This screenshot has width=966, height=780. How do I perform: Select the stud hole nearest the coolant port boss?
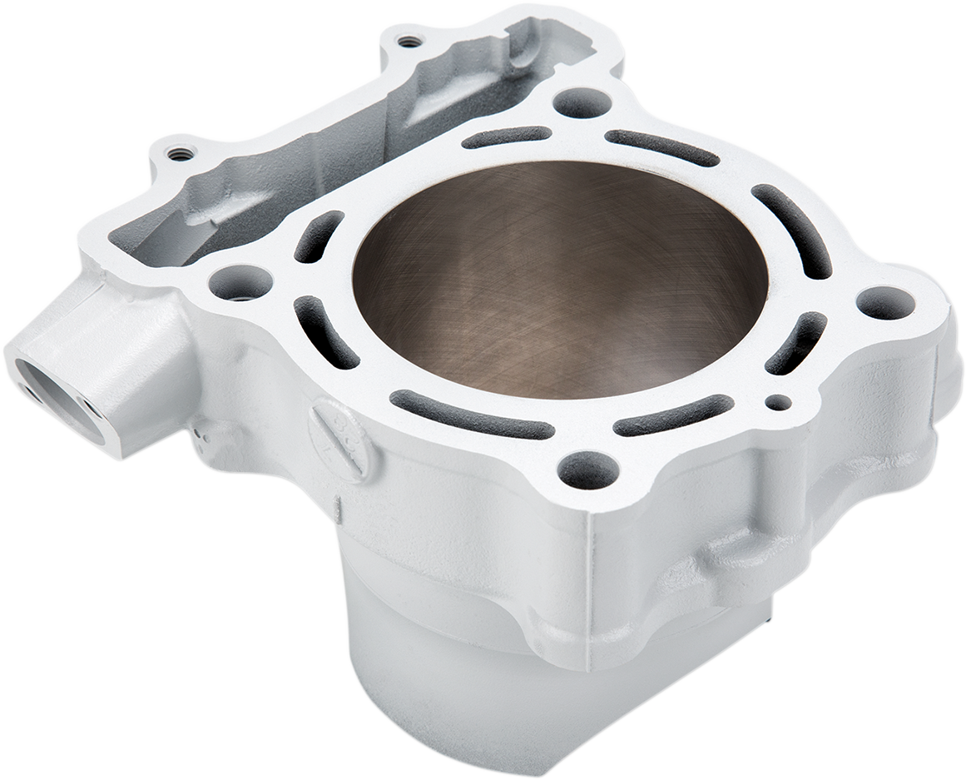coord(240,281)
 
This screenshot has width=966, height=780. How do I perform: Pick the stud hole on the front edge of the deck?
coord(587,472)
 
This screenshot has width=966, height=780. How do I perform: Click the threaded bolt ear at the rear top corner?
coord(406,40)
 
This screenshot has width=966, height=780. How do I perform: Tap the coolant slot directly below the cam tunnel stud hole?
coord(661,147)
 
